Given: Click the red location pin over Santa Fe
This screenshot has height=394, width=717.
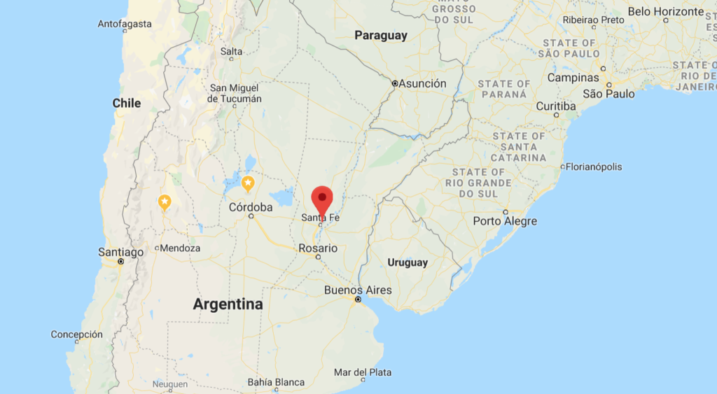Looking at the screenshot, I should tap(321, 198).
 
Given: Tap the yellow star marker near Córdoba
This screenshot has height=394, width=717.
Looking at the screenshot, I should tap(248, 183).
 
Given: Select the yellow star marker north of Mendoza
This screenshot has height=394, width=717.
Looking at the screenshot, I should tap(165, 202).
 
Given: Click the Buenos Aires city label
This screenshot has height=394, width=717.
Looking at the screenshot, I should tap(358, 290).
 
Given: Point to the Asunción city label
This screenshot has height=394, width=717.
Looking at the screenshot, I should tap(422, 83).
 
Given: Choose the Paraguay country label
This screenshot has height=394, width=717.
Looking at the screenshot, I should tap(381, 36).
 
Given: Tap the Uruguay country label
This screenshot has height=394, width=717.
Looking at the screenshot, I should tap(408, 262).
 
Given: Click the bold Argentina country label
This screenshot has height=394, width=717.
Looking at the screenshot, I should tap(228, 304).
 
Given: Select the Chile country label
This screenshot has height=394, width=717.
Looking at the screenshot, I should tap(127, 103).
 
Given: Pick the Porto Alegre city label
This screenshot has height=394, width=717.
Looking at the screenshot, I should tap(505, 221).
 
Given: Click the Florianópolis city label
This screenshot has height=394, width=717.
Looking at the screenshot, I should tap(594, 167).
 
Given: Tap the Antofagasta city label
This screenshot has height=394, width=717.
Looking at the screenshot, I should tap(125, 24).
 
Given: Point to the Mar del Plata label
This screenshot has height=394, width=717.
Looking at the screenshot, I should tap(363, 372).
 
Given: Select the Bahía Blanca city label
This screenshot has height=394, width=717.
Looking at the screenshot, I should tap(276, 382).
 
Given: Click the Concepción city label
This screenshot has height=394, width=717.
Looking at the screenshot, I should tap(76, 335).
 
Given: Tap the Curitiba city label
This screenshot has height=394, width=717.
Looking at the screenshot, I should tap(556, 106).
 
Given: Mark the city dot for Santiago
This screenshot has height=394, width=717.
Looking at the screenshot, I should tap(120, 261).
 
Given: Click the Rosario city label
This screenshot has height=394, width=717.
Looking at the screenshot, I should tap(318, 248).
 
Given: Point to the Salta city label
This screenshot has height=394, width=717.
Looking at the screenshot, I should tap(231, 51).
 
